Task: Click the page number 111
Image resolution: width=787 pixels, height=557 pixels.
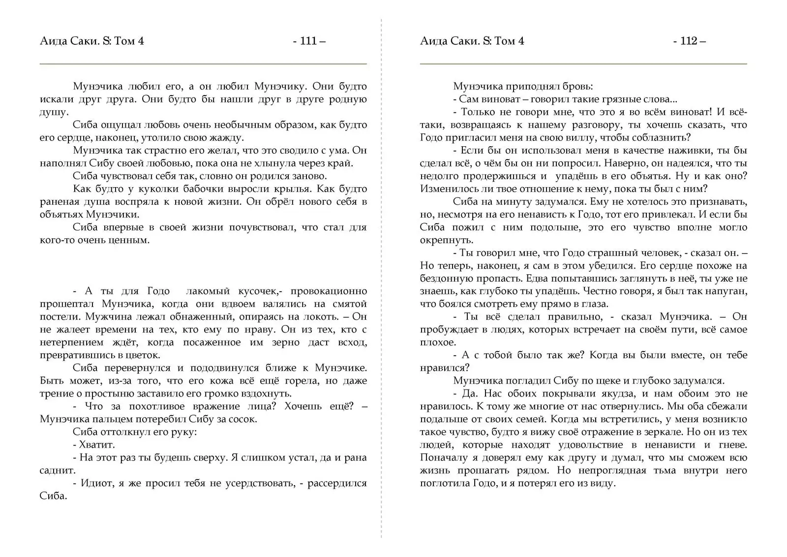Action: (x=308, y=41)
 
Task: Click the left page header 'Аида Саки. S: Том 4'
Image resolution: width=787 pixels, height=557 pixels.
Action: (x=92, y=41)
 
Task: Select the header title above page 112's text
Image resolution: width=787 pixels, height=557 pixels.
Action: (x=472, y=41)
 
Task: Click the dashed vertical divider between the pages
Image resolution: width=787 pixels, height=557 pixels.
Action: (x=381, y=295)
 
